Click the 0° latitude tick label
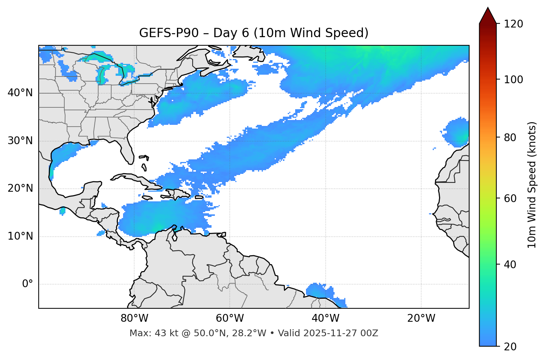28,284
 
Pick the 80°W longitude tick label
134,318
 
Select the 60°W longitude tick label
230,318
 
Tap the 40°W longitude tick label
325,318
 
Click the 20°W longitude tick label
421,318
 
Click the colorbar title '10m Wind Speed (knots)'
532,185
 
